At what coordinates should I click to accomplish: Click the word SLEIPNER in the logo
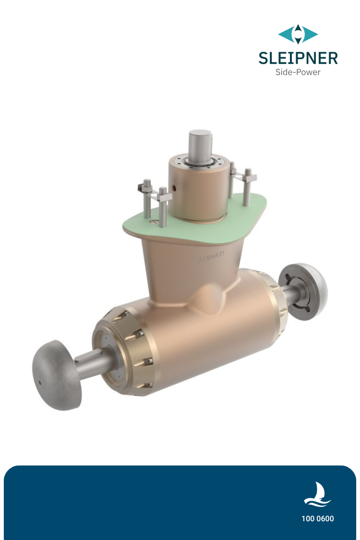(x=298, y=58)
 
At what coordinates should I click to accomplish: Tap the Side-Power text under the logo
(x=298, y=72)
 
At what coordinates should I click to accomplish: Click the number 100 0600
(x=318, y=519)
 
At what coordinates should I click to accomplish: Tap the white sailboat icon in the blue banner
(x=317, y=495)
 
